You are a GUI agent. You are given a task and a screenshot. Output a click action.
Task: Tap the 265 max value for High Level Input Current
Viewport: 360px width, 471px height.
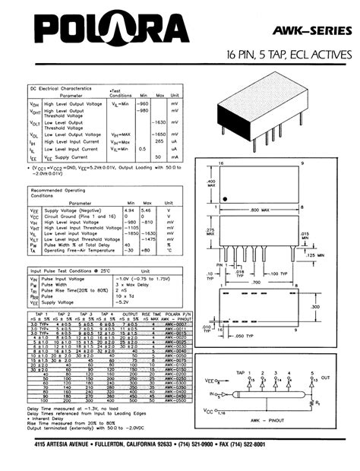(x=160, y=141)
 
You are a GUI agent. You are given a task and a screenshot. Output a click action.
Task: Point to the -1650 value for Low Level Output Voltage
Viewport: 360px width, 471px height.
(x=159, y=134)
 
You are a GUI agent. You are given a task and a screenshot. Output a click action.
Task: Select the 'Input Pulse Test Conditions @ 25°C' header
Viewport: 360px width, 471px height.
(x=72, y=270)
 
